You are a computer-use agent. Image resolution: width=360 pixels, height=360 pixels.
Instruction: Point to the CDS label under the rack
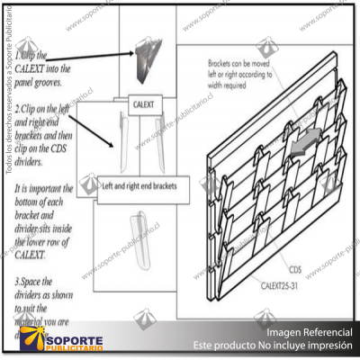294,269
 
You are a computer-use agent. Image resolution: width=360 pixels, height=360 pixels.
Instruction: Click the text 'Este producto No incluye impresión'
274,346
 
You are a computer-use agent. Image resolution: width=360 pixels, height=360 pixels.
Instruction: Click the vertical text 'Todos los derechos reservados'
8,117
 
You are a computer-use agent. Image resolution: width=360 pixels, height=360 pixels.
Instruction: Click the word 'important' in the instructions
53,190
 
